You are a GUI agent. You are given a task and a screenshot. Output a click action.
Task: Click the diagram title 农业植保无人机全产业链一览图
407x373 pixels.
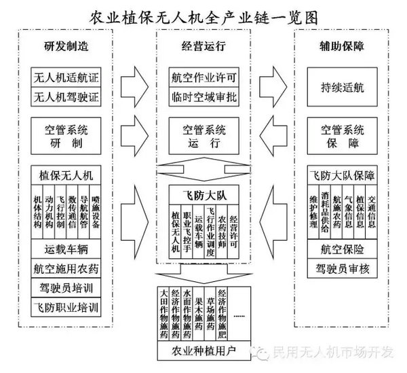203,15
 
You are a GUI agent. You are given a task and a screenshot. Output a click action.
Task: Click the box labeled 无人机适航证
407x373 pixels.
66,77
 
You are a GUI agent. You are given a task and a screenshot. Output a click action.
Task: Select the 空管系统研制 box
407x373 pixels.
66,135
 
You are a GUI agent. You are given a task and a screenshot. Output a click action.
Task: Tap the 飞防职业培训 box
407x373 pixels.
66,307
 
